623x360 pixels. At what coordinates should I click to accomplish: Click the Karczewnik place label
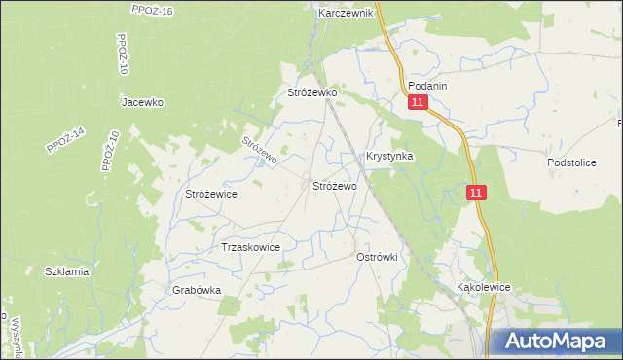(346, 15)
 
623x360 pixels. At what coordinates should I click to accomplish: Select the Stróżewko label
(311, 92)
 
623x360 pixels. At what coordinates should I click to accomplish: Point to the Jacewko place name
(141, 102)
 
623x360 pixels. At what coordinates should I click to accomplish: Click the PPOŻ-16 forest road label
(152, 10)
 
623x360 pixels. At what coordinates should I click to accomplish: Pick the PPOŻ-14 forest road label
(65, 141)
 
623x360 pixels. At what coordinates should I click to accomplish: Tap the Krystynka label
(389, 156)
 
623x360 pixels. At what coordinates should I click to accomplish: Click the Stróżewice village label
(211, 194)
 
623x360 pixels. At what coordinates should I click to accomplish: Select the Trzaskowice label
(251, 247)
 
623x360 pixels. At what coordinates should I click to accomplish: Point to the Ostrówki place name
(381, 256)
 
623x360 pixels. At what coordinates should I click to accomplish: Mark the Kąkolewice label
(484, 288)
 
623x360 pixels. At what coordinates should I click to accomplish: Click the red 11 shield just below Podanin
(418, 103)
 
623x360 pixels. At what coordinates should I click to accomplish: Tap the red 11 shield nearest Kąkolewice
(475, 194)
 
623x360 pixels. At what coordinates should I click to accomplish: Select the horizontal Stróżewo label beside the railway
(334, 185)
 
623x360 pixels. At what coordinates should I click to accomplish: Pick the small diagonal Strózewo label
(260, 149)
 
